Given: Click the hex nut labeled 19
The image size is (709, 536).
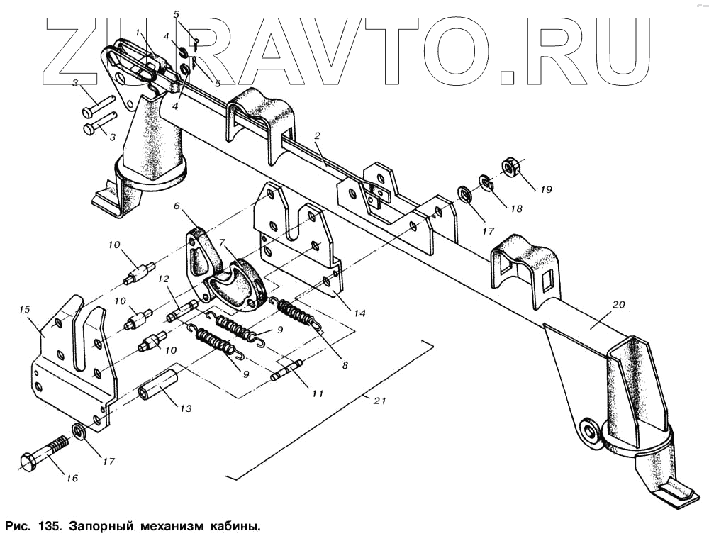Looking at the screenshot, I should point(510,167).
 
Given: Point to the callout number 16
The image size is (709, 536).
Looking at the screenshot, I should point(72,478).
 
